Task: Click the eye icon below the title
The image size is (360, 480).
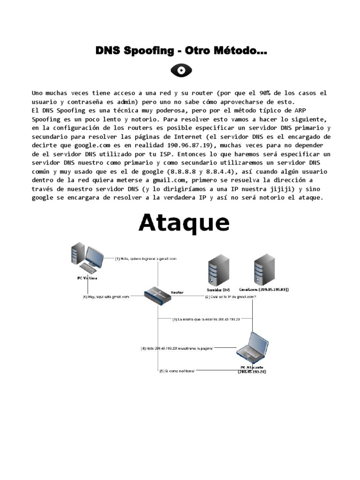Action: (181, 71)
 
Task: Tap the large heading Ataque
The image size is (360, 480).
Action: (184, 223)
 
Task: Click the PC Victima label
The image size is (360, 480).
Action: (88, 277)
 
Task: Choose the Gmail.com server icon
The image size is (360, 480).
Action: (264, 269)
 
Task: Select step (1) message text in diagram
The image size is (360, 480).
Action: (146, 258)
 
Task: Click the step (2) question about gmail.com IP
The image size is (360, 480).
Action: (230, 297)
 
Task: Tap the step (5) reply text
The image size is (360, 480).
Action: (177, 371)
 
